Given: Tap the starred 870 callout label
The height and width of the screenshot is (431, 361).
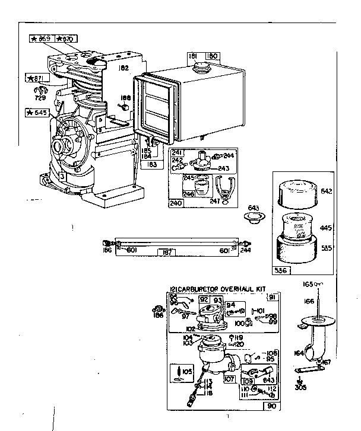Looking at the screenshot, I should [66, 39].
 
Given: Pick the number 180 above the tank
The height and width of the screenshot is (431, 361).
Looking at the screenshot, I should [211, 56].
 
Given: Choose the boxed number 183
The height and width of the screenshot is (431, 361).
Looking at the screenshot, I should [153, 164].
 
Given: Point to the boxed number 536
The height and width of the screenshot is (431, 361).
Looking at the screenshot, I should [281, 271].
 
